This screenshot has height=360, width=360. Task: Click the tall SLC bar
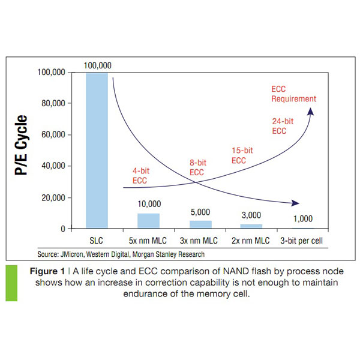tap(97, 150)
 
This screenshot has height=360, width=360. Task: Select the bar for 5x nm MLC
tap(148, 221)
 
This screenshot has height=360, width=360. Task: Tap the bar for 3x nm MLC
tap(200, 224)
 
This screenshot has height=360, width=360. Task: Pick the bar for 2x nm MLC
tap(251, 226)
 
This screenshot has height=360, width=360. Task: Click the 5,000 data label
tap(200, 212)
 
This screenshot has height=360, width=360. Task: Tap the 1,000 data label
tap(304, 218)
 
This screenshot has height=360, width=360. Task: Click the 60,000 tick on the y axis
tap(52, 135)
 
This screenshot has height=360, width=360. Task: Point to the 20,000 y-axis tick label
tap(52, 198)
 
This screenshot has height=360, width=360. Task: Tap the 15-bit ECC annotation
tap(240, 156)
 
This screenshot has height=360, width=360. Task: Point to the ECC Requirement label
tap(293, 94)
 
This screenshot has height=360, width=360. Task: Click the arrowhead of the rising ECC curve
tap(310, 112)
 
